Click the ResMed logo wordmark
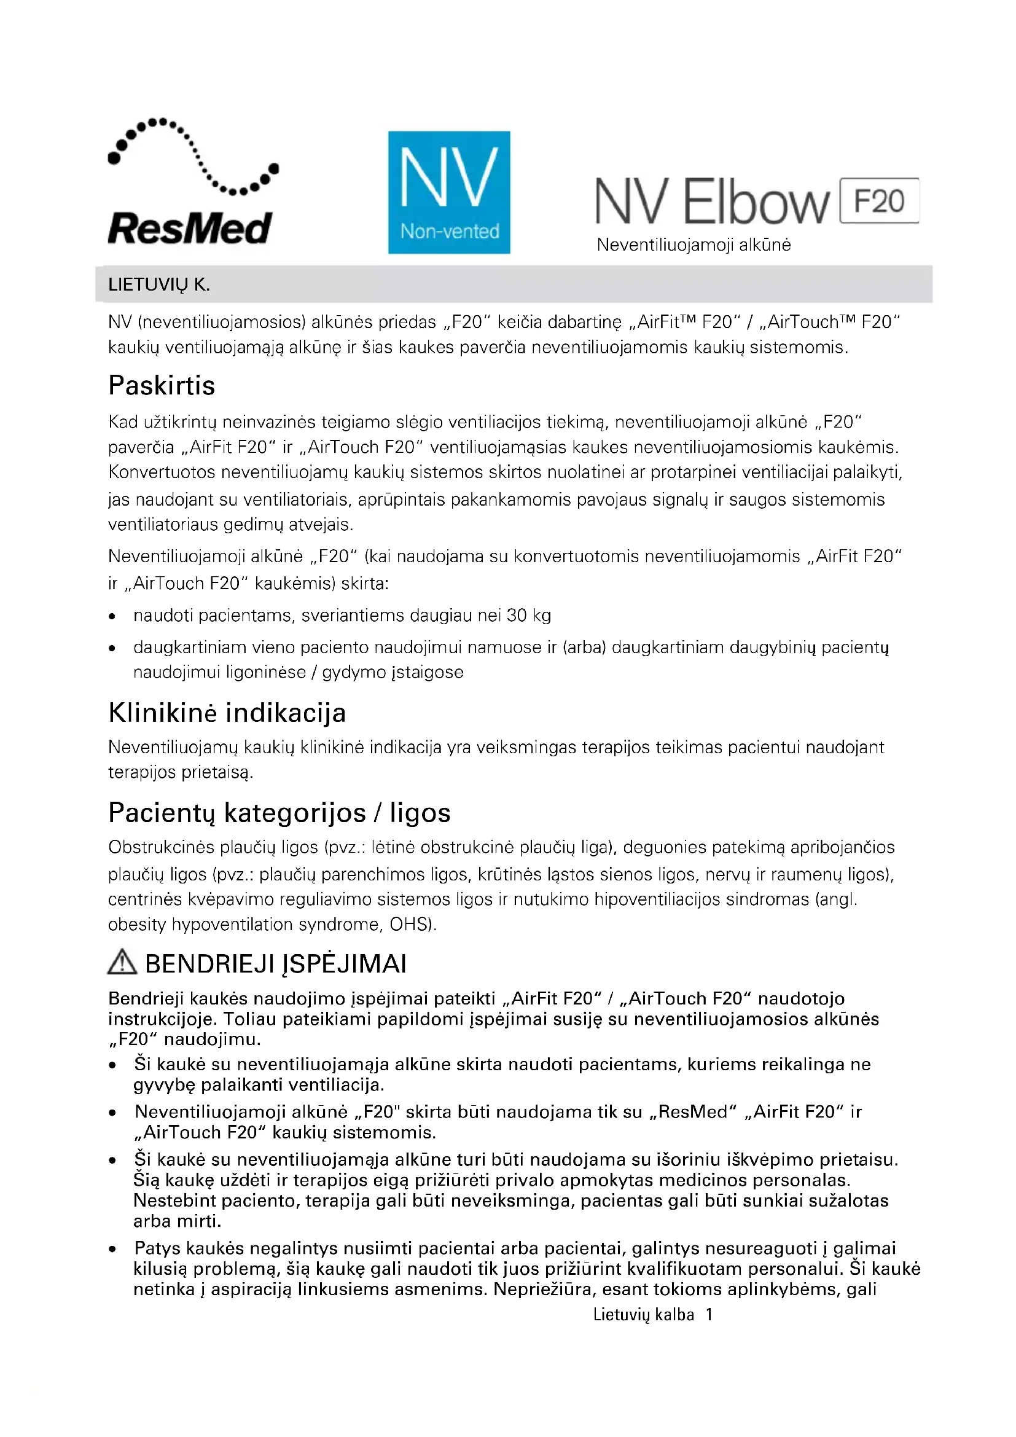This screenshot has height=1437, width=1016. coord(190,229)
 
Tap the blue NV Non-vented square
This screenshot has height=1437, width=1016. coord(448,192)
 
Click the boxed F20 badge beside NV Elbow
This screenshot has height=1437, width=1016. coord(878,201)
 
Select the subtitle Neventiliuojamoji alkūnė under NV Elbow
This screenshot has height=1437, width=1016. coord(693,245)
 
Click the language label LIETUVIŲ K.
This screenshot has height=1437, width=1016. coord(159,285)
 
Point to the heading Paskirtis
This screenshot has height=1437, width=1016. coord(162,386)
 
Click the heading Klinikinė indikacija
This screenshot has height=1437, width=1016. coord(227,713)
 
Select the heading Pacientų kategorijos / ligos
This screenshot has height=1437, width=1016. coord(279,813)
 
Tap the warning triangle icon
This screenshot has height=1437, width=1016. coord(122,962)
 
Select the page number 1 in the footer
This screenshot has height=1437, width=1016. coord(709,1315)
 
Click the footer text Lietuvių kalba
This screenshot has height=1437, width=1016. coord(643,1315)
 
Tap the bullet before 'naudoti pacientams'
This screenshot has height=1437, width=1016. coord(112,616)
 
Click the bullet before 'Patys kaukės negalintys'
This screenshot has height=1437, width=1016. coord(112,1249)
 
